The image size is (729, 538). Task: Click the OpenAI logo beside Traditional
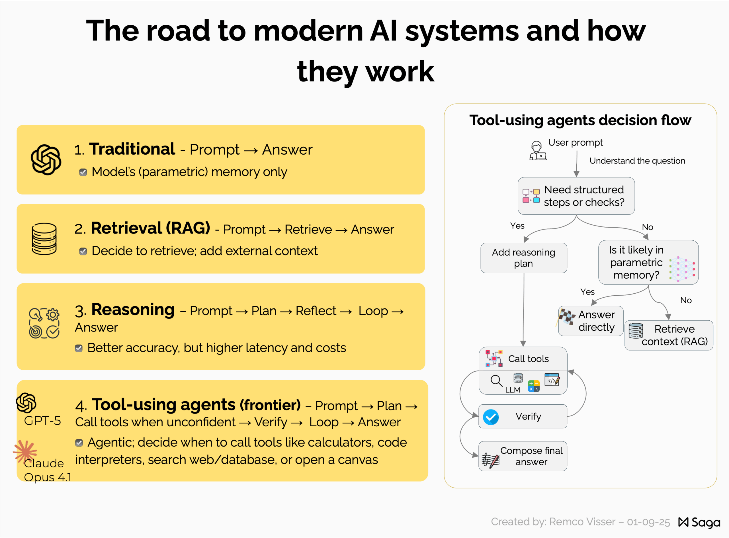46,159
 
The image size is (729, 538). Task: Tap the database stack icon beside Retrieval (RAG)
44,239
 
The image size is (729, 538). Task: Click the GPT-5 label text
42,420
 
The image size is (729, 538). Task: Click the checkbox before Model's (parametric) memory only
83,172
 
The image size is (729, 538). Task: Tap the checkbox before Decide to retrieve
83,251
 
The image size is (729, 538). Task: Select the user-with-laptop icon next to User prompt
538,151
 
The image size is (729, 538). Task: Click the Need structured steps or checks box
576,196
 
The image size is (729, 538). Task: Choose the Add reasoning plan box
524,257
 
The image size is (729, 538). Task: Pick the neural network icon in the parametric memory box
682,269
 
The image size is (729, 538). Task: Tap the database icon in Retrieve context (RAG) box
636,331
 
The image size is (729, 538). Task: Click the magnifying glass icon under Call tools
496,381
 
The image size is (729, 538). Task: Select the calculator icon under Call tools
534,386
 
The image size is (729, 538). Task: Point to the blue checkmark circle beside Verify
491,417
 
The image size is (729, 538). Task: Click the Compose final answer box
523,456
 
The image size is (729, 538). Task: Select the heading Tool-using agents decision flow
580,120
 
